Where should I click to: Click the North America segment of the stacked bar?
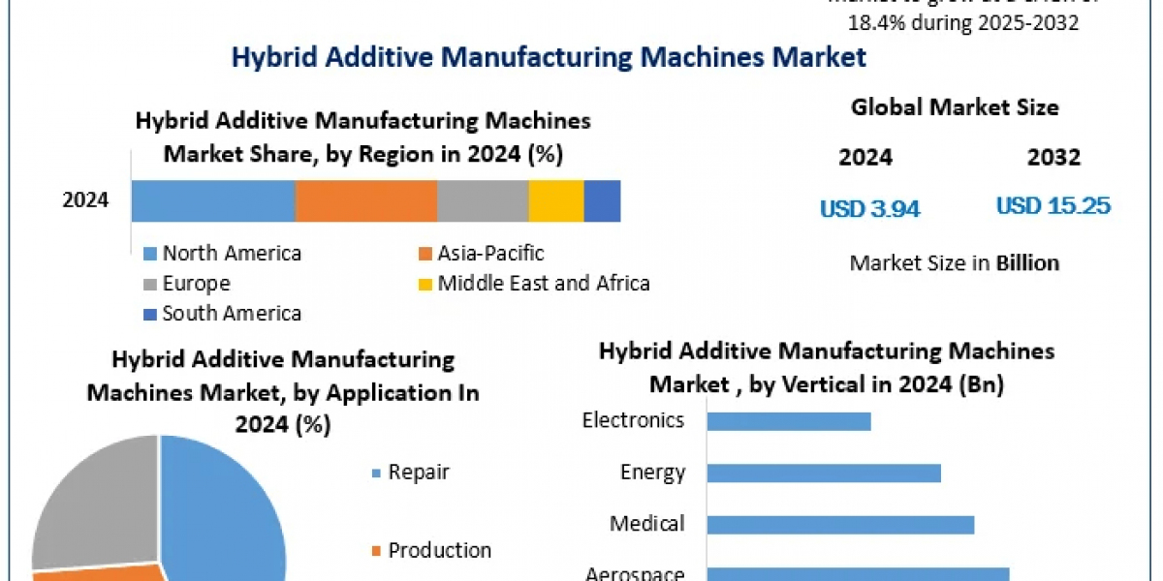coord(213,201)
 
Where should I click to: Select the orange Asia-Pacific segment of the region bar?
coord(365,201)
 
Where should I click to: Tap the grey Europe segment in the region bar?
coord(482,201)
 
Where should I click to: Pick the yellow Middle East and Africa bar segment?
coord(555,201)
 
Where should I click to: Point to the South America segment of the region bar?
coord(602,201)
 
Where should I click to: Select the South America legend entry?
coord(231,314)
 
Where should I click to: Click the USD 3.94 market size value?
coord(869,208)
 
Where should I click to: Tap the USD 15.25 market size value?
coord(1053,206)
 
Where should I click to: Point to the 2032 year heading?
coord(1053,157)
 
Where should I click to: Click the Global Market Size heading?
coord(955,107)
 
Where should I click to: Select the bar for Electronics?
coord(789,421)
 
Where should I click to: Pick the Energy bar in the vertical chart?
coord(824,473)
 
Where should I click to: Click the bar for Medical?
coord(840,524)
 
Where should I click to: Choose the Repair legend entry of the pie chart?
coord(418,473)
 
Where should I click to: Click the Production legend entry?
coord(439,550)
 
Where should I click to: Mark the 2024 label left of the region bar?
coord(86,201)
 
